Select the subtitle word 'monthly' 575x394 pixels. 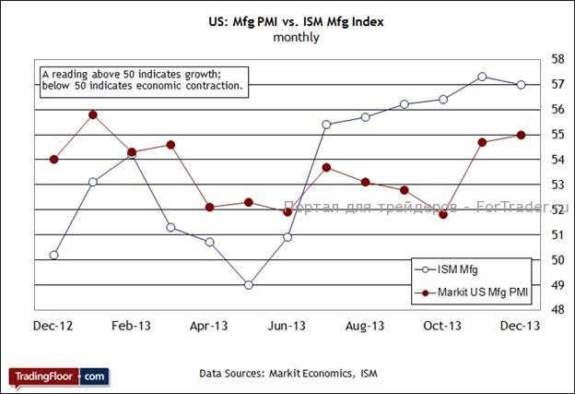296,38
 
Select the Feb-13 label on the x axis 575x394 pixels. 132,326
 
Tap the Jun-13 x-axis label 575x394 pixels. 287,326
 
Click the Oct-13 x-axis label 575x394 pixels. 442,326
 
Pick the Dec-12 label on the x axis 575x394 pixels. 54,326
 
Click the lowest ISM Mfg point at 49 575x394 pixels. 249,285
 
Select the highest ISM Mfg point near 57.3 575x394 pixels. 482,77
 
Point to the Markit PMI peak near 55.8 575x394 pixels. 93,114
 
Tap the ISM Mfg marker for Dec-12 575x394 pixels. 54,255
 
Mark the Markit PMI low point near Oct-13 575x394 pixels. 443,214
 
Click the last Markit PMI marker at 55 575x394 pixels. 521,135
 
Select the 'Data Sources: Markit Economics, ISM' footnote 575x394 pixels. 288,374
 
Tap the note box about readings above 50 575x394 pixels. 144,79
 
